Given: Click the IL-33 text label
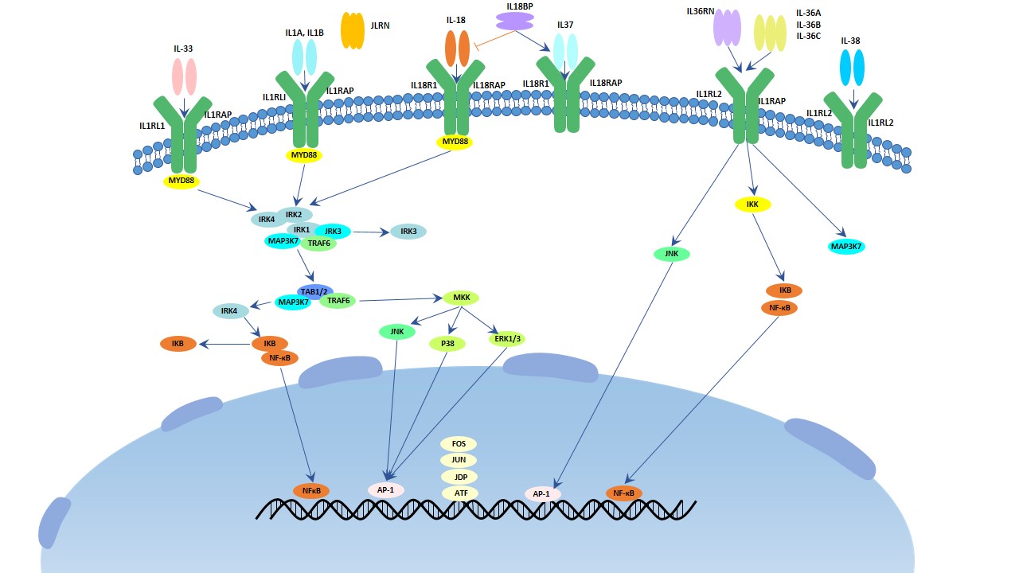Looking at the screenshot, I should pos(183,49).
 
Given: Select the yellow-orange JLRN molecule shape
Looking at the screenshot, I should pos(353,30).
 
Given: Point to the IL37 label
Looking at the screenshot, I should pos(565,25).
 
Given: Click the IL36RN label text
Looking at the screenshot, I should pos(700,11).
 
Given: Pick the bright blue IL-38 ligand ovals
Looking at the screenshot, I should pos(852,68).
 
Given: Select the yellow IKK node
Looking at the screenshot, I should pos(752,205).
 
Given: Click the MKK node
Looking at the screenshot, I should pos(461,298).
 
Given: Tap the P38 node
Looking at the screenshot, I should pos(447,344).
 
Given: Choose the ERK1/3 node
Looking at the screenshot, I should pos(506,339).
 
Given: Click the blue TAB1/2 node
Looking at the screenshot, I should pos(315,291).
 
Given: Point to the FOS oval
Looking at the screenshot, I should pos(459,443).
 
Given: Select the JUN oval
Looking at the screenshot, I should pos(459,460).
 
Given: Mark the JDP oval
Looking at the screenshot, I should pos(460,477).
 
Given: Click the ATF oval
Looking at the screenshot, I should pos(460,493).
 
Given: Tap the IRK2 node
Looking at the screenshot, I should pos(294,214).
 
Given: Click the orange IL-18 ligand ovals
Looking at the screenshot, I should pos(458,49).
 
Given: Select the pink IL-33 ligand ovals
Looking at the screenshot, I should pos(184,77).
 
